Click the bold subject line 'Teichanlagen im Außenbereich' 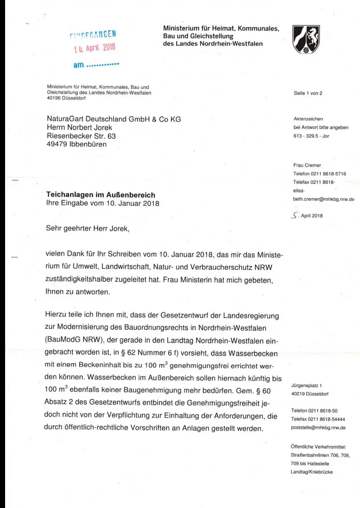[x=101, y=195]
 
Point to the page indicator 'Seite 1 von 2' [x=308, y=93]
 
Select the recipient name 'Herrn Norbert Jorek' [x=79, y=128]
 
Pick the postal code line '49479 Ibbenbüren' [x=77, y=145]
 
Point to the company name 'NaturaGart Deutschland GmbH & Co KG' [x=114, y=119]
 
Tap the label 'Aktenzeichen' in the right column [x=308, y=119]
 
